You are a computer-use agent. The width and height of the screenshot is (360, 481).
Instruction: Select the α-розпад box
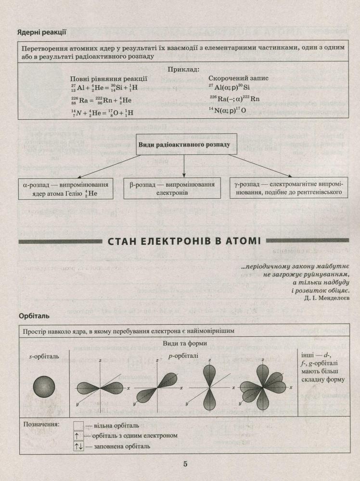point(66,189)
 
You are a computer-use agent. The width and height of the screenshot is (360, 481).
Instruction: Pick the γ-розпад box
point(288,189)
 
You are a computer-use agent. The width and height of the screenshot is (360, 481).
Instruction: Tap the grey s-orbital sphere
point(44,386)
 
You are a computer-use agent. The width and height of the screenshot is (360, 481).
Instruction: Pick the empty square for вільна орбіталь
point(79,425)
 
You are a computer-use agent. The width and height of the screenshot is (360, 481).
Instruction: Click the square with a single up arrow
point(79,436)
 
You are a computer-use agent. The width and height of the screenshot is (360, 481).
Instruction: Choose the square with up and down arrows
point(79,446)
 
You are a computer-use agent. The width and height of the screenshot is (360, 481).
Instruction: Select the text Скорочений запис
point(238,78)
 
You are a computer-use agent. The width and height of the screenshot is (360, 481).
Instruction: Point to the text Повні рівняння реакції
point(109,78)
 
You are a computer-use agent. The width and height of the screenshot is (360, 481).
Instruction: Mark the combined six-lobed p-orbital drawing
point(263,387)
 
